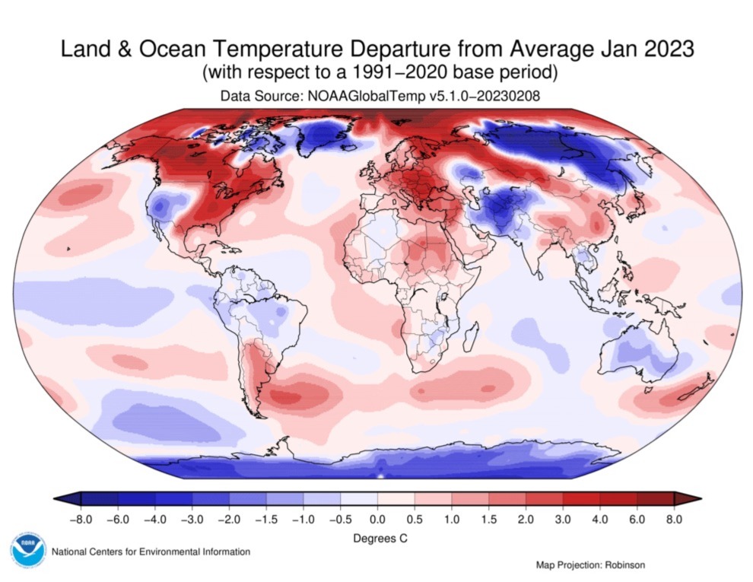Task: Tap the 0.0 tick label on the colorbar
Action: (x=377, y=520)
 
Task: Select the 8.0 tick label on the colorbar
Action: (x=674, y=520)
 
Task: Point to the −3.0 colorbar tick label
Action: (x=192, y=520)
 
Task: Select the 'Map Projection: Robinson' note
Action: (x=590, y=565)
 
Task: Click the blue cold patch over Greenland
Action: (x=322, y=136)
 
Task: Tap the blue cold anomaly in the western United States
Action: (x=164, y=206)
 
